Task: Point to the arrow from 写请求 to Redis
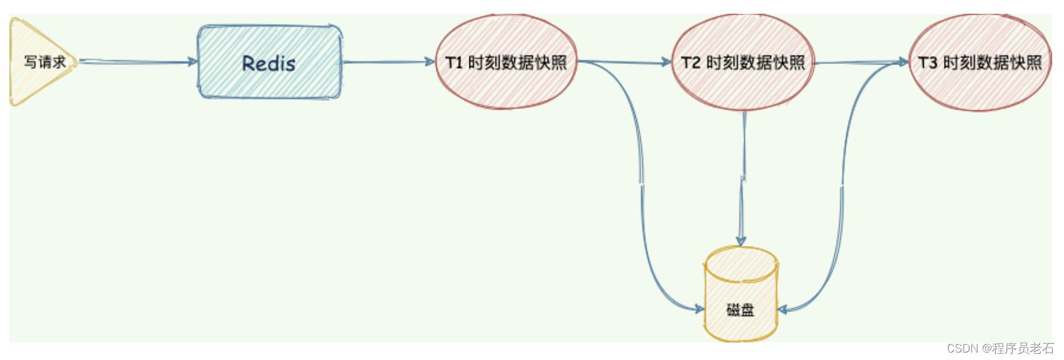138,61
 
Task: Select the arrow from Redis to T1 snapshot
388,62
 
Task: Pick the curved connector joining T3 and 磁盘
842,188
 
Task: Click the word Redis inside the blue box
269,63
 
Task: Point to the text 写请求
44,62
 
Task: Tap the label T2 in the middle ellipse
691,63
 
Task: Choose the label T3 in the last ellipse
928,63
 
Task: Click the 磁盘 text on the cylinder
740,309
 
